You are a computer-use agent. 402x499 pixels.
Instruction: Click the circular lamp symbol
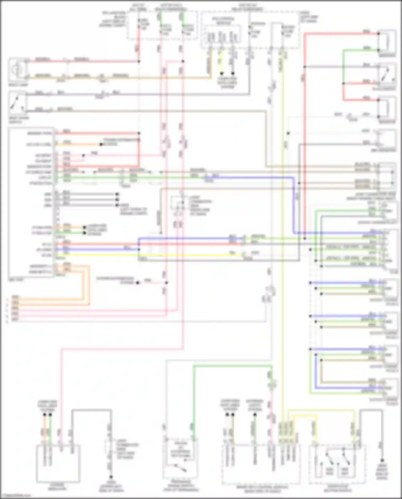pyautogui.click(x=18, y=69)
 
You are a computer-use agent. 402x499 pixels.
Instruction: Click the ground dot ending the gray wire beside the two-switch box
pyautogui.click(x=382, y=460)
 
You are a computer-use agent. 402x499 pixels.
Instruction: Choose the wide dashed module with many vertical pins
pyautogui.click(x=261, y=464)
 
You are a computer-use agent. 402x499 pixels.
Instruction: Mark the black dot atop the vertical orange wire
pyautogui.click(x=45, y=415)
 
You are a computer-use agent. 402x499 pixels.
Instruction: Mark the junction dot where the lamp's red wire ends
pyautogui.click(x=139, y=61)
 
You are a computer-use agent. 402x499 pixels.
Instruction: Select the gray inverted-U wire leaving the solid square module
pyautogui.click(x=91, y=410)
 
